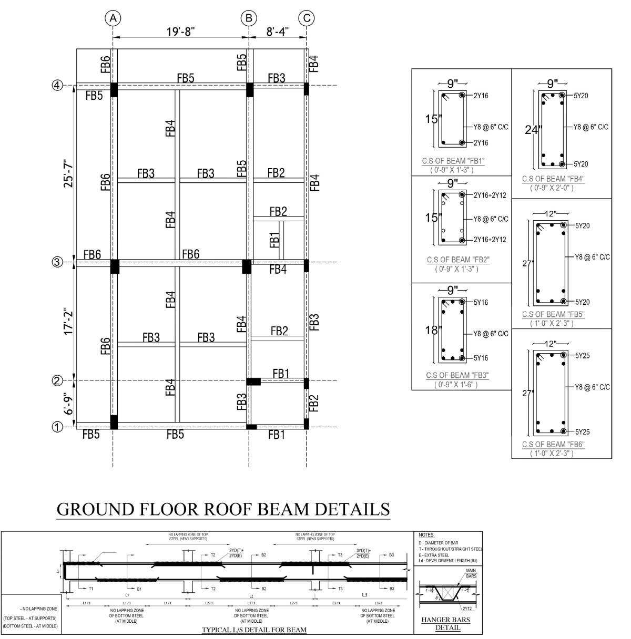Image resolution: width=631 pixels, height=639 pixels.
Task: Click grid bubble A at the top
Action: coord(113,18)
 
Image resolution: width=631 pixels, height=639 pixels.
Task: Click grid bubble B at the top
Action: coord(249,18)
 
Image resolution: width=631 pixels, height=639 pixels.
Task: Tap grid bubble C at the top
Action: coord(307,18)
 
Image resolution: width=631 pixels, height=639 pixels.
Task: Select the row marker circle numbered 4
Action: coord(58,86)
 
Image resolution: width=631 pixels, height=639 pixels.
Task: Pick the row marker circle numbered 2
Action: coord(58,380)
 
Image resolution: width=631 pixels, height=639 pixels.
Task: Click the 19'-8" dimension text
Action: coord(181,32)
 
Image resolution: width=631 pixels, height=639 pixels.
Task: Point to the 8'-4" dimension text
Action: coord(278,32)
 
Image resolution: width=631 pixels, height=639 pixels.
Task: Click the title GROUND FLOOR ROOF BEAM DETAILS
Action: coord(223,509)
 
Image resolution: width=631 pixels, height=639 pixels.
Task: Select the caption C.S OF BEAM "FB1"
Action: coord(453,161)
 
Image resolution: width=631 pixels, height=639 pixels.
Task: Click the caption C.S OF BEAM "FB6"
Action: coord(553,445)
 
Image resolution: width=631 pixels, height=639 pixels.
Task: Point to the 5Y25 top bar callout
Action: coord(582,356)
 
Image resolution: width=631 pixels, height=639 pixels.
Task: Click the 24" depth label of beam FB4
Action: coord(532,130)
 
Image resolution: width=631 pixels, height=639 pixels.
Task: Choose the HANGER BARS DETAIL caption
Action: coord(445,623)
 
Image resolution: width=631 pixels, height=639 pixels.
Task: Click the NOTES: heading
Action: coord(426,535)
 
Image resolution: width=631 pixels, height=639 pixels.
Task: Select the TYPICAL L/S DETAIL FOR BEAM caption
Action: coord(254,630)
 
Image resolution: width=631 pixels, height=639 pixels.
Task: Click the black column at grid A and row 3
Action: coord(115,266)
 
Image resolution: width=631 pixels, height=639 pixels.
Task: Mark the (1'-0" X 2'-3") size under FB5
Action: coord(552,323)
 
